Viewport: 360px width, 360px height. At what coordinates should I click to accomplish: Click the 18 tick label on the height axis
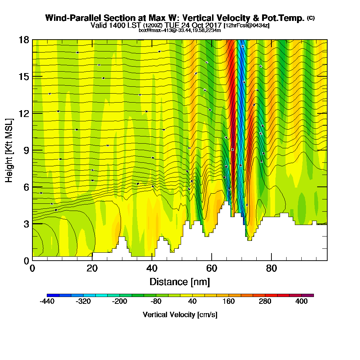pyautogui.click(x=24, y=40)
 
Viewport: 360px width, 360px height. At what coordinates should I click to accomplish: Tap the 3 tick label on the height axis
pyautogui.click(x=26, y=224)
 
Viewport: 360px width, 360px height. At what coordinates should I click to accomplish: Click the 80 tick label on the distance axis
pyautogui.click(x=271, y=269)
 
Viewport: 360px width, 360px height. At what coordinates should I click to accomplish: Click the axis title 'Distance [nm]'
pyautogui.click(x=180, y=282)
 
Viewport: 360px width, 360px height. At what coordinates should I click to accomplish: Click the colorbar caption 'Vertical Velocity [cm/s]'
pyautogui.click(x=180, y=315)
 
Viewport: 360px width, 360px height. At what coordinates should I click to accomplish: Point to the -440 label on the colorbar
pyautogui.click(x=47, y=301)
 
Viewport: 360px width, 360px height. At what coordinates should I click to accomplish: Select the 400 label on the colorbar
pyautogui.click(x=302, y=301)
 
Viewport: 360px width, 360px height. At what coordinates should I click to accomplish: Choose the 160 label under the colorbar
pyautogui.click(x=229, y=301)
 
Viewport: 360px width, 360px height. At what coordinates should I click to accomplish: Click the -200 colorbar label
pyautogui.click(x=120, y=301)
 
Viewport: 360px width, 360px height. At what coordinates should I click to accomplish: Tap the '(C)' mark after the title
pyautogui.click(x=311, y=18)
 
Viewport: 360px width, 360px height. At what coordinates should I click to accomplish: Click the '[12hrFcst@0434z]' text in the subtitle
pyautogui.click(x=246, y=26)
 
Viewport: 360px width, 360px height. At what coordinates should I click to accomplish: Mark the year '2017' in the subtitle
pyautogui.click(x=213, y=26)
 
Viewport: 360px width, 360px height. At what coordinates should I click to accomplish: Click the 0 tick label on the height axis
pyautogui.click(x=26, y=260)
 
